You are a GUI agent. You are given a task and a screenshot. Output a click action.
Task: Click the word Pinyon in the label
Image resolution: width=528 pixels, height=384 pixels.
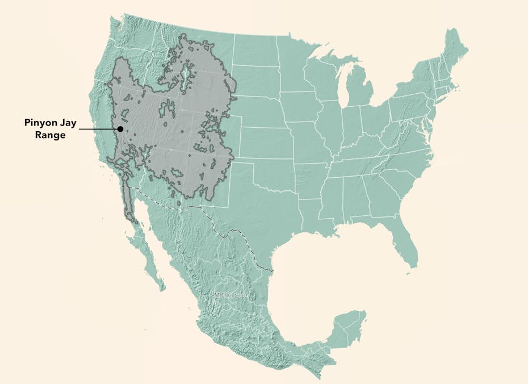click(x=41, y=123)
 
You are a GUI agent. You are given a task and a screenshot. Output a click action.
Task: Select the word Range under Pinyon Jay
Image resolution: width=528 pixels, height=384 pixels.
click(x=51, y=135)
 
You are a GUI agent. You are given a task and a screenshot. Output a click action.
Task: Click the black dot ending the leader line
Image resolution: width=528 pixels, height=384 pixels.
click(x=120, y=129)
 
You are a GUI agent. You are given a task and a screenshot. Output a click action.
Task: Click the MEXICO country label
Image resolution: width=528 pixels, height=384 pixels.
click(x=231, y=296)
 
